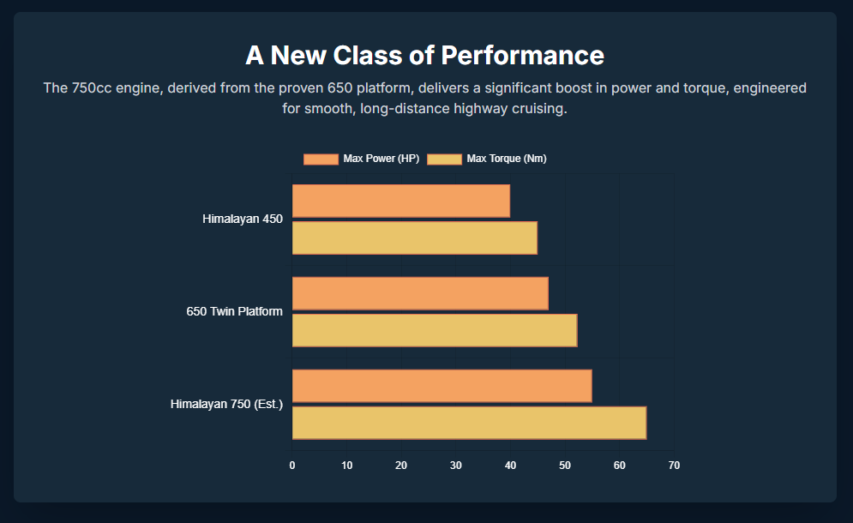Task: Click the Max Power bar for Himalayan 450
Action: click(400, 201)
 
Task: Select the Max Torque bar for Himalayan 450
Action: click(414, 237)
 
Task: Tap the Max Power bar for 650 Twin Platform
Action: click(420, 293)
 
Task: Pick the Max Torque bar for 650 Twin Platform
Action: click(434, 330)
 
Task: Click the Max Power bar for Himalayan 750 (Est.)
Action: click(442, 386)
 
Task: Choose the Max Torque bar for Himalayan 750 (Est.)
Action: click(469, 423)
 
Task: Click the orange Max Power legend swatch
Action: click(321, 159)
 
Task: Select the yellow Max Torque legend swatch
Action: click(445, 159)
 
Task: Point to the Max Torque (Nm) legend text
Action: click(507, 159)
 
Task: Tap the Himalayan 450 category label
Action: click(243, 219)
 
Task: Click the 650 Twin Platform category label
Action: click(234, 312)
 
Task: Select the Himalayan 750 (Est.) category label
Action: click(226, 404)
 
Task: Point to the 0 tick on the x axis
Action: click(292, 466)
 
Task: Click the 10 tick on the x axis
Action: click(347, 466)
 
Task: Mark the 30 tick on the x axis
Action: click(456, 466)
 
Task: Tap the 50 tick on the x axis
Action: click(565, 466)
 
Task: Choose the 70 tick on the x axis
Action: click(674, 466)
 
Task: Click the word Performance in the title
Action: click(523, 56)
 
